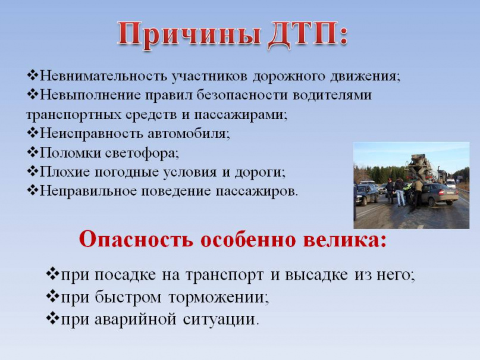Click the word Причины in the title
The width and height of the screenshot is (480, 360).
tap(189, 35)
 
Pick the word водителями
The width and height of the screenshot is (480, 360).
tap(332, 95)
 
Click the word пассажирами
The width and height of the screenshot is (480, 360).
tap(241, 115)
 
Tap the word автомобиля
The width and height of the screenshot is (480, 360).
tap(189, 134)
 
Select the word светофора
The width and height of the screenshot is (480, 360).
tap(141, 153)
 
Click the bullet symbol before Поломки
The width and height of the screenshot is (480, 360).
tap(33, 152)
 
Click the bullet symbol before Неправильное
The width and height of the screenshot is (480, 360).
tap(33, 190)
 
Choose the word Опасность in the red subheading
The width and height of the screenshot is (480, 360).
tap(137, 240)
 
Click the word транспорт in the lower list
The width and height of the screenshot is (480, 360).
tap(224, 275)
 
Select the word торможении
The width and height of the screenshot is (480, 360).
tap(218, 297)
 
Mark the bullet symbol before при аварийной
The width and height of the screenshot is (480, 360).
tap(53, 318)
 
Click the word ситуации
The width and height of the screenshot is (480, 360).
tap(219, 320)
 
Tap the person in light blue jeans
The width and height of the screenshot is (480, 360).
tap(399, 192)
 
